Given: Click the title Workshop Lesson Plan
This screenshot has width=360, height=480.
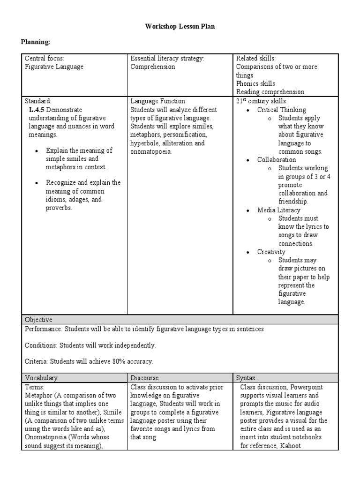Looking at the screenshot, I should click(x=180, y=27).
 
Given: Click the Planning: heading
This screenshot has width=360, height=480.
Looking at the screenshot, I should click(x=35, y=42).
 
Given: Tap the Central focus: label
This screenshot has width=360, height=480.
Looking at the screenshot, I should click(x=45, y=58).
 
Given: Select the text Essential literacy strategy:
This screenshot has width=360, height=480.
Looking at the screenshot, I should click(x=167, y=58).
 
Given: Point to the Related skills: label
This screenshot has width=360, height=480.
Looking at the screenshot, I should click(x=255, y=58).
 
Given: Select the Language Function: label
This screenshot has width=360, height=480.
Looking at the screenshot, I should click(x=158, y=101).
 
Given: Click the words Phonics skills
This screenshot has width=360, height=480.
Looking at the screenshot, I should click(x=255, y=83).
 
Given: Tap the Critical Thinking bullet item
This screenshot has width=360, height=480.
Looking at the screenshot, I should click(x=281, y=109).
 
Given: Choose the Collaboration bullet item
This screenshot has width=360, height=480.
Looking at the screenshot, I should click(x=277, y=159).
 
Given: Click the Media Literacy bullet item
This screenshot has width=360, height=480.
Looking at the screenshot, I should click(x=278, y=210).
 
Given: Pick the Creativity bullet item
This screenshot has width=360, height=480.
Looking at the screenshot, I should click(x=271, y=252).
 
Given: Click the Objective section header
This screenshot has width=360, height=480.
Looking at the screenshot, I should click(x=39, y=320).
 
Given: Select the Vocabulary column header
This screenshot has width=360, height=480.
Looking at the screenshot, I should click(x=42, y=377).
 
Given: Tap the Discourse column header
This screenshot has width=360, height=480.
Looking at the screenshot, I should click(x=144, y=377).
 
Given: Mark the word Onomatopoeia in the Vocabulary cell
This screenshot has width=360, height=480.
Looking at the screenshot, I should click(x=46, y=437).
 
